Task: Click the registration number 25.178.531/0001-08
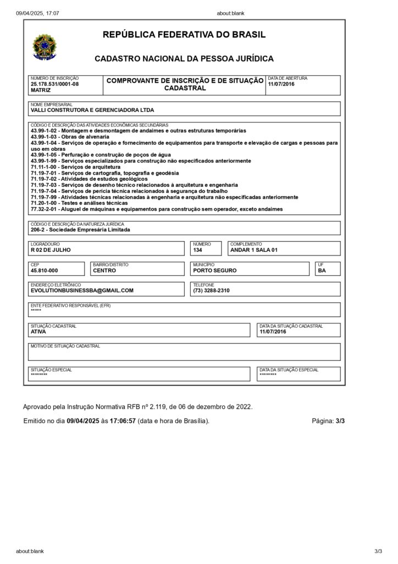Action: pos(55,84)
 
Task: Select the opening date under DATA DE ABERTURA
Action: pos(281,84)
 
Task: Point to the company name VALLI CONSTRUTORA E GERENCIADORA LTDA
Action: pos(92,110)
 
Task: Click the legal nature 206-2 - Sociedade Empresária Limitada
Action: pos(80,230)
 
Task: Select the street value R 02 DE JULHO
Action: pos(51,250)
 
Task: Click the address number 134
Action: pos(197,250)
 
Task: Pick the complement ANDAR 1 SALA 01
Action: pos(254,250)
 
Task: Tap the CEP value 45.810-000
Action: pos(45,270)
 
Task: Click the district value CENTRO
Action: pos(104,270)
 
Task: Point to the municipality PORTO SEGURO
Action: pos(215,270)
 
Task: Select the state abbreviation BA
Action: pos(322,270)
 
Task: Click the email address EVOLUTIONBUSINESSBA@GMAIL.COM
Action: pos(82,290)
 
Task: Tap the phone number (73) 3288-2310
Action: pos(211,290)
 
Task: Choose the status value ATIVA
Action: pos(38,332)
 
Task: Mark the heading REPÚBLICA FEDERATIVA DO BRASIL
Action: pos(184,35)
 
